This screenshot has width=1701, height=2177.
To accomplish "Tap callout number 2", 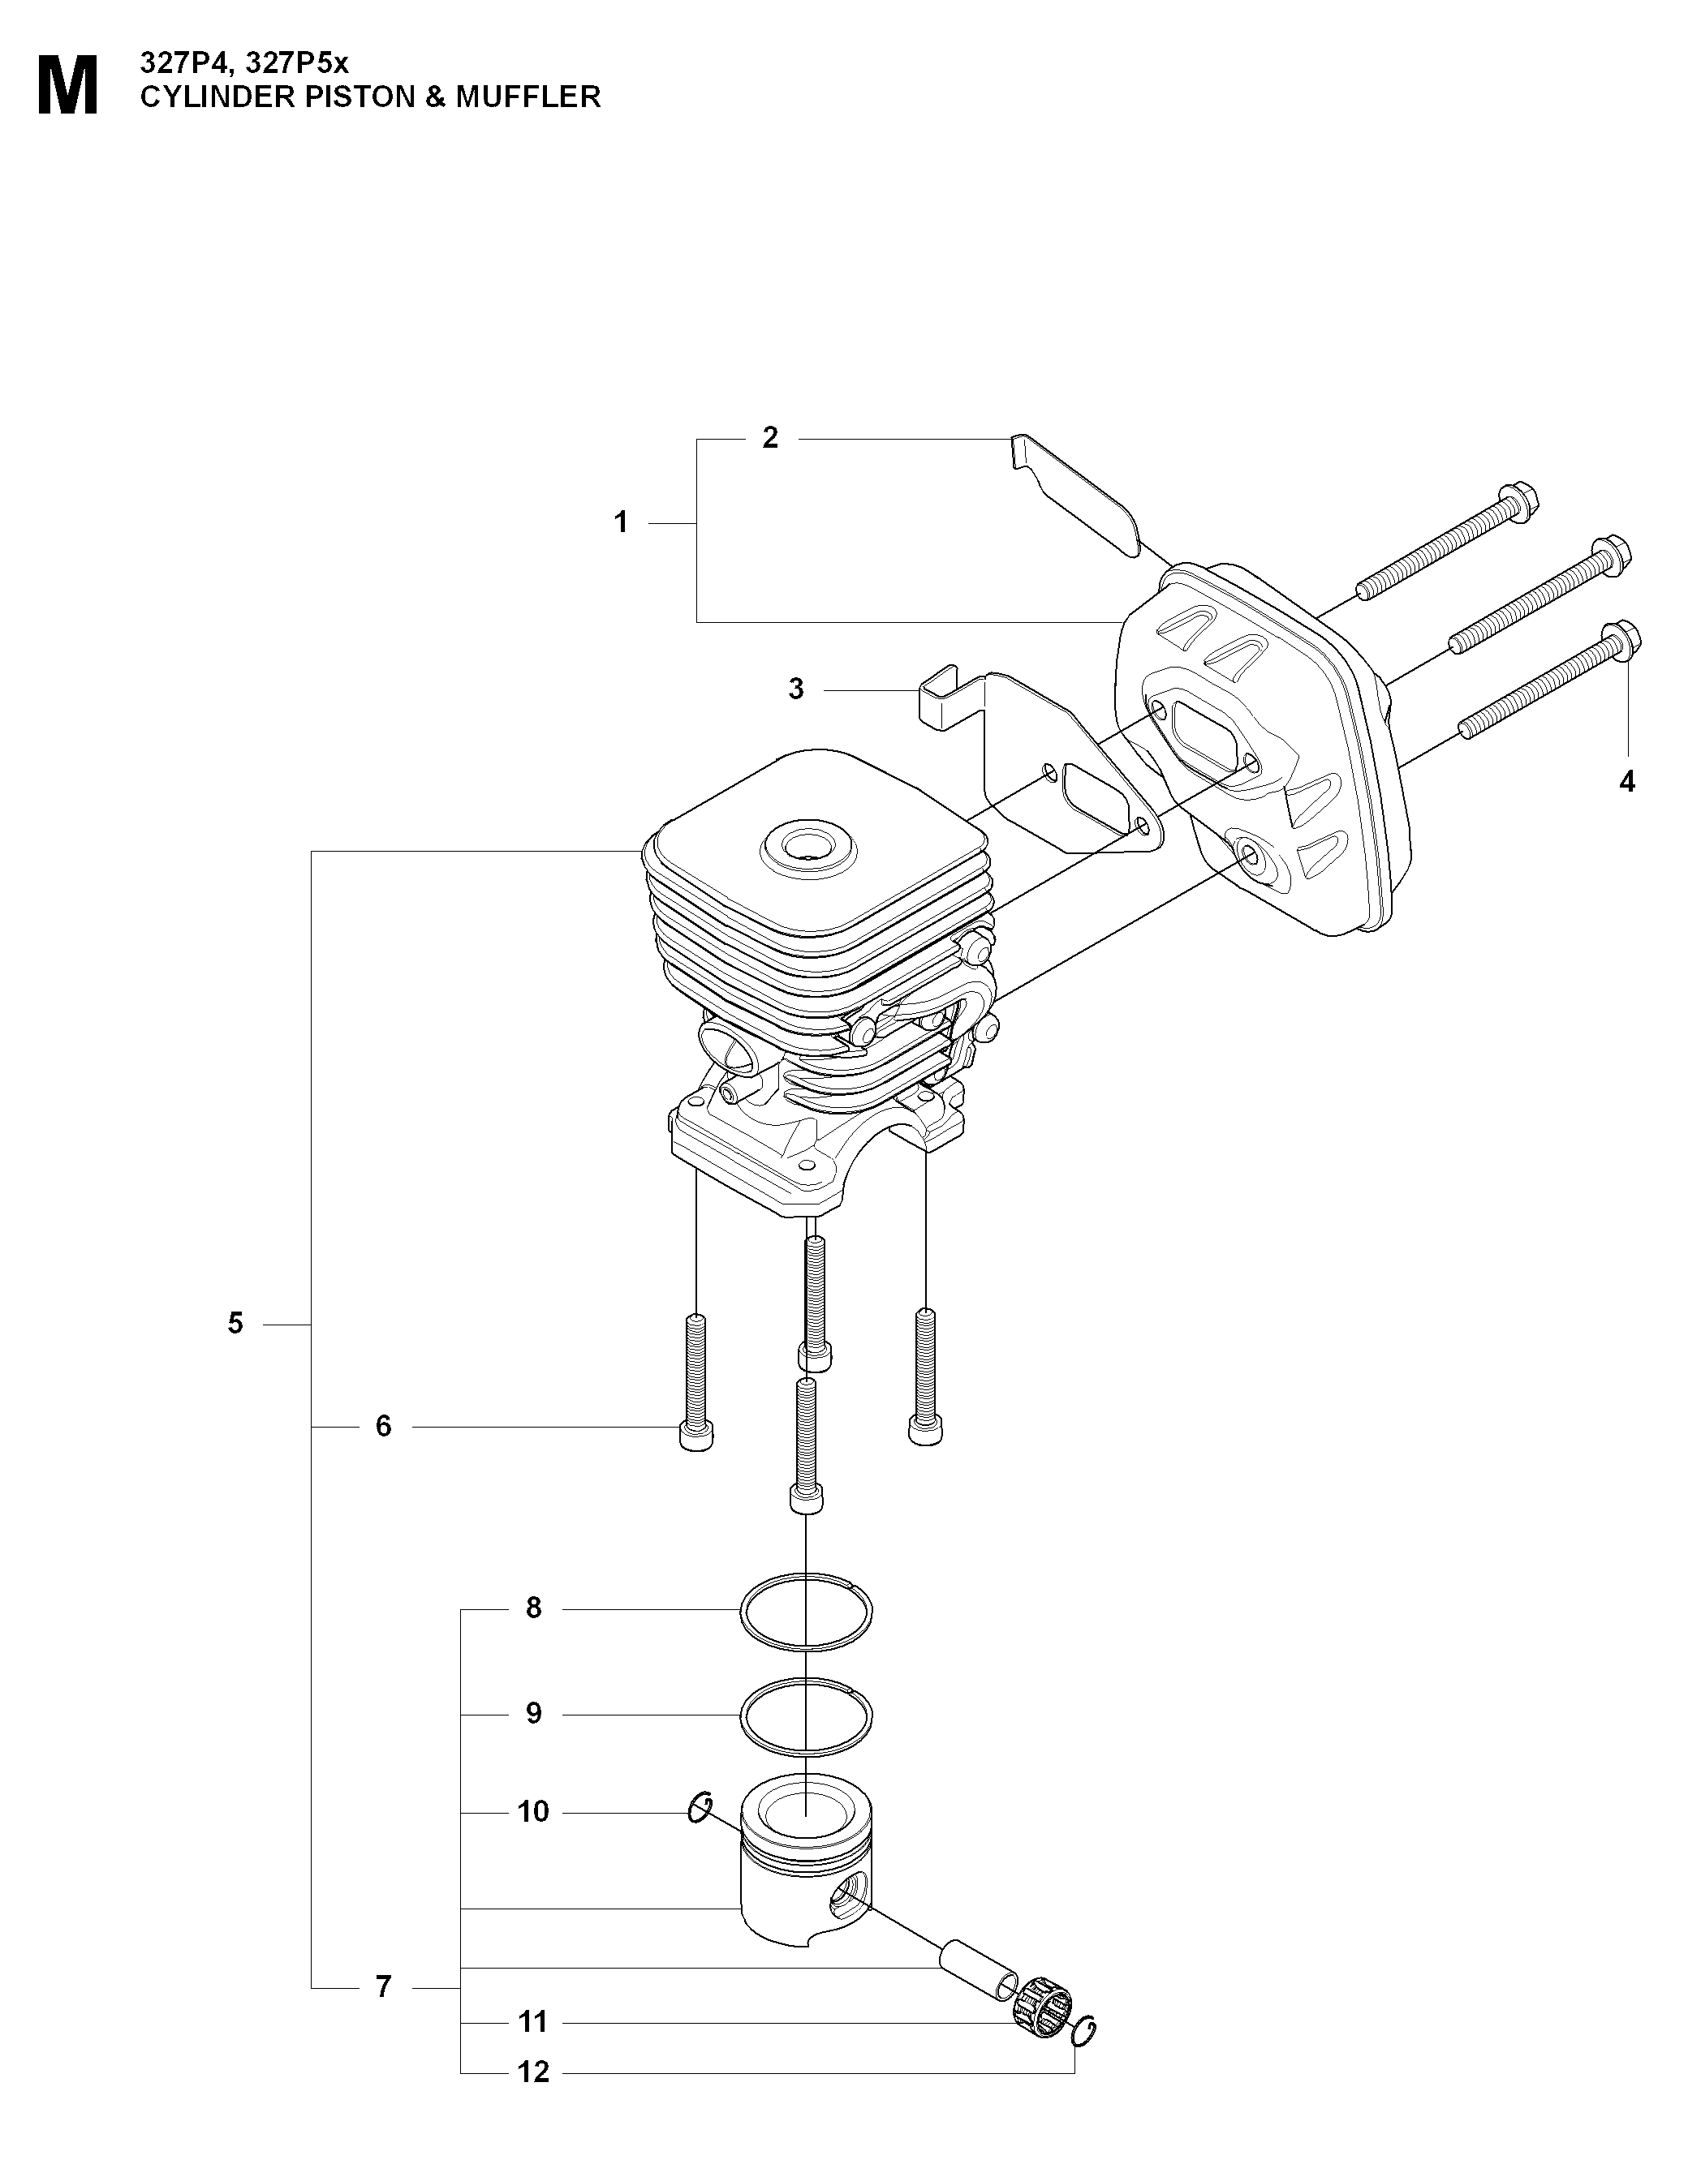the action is (769, 438).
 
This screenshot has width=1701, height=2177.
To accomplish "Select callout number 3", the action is (795, 689).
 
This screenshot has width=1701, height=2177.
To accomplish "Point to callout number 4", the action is (1627, 783).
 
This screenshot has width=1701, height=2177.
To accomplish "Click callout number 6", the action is (384, 1427).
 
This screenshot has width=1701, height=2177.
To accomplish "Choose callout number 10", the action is (533, 1811).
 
